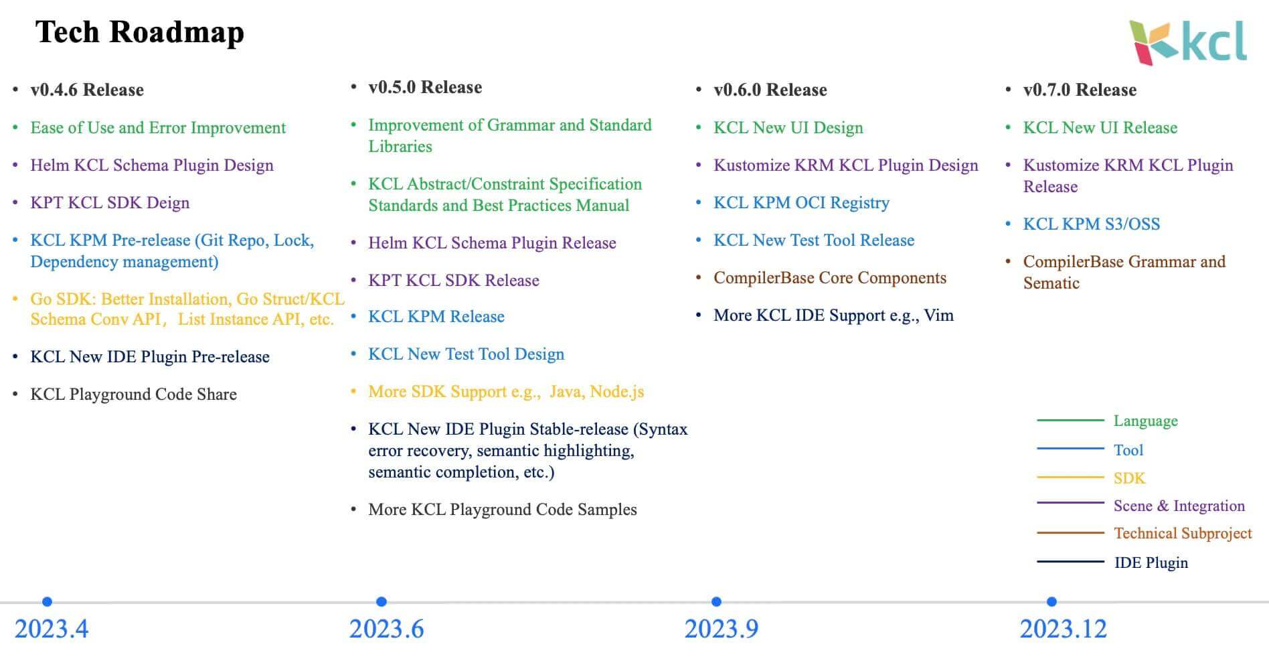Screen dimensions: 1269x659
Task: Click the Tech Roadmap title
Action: tap(139, 32)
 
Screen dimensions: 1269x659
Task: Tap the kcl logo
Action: tap(1188, 43)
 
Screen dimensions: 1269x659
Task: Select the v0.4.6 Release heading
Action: tap(87, 90)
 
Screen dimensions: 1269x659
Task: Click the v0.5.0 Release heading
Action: tap(425, 87)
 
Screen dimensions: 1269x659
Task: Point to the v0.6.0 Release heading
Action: tap(770, 90)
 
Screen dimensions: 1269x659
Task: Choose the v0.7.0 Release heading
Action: tap(1080, 90)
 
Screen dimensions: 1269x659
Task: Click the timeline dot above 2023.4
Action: tap(47, 601)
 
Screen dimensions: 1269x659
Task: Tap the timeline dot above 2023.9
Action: tap(716, 601)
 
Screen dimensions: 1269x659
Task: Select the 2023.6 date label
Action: tap(386, 629)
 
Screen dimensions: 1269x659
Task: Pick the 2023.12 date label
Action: tap(1064, 629)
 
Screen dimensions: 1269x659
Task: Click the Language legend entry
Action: tap(1145, 421)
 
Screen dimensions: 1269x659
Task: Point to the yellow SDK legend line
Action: tap(1070, 478)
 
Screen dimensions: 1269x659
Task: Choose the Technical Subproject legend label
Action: tap(1183, 534)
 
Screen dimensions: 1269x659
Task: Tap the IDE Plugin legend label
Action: tap(1151, 563)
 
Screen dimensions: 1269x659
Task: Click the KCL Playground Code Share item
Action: tap(133, 394)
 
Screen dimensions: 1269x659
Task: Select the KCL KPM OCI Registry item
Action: tap(801, 203)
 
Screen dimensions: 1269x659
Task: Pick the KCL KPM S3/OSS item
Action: tap(1092, 224)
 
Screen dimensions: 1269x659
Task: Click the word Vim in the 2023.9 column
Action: tap(938, 315)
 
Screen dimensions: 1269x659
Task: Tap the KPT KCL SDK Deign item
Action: tap(110, 203)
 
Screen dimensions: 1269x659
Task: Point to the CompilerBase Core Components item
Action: tap(830, 278)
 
